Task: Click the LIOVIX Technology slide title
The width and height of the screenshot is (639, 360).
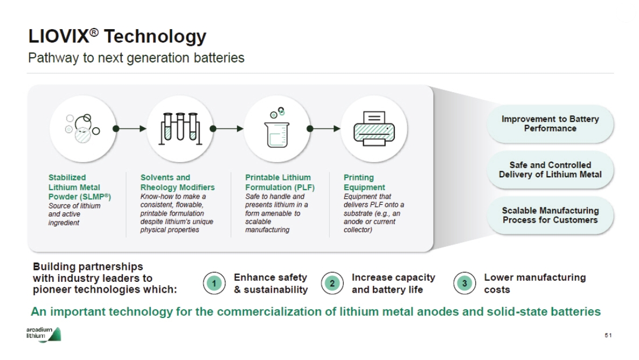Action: point(117,36)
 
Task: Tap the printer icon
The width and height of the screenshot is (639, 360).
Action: point(374,128)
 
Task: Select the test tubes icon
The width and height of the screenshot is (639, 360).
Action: point(180,128)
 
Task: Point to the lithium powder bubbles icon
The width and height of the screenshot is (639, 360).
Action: point(82,128)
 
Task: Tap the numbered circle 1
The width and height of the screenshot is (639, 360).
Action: point(214,283)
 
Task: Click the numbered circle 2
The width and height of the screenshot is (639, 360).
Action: point(332,283)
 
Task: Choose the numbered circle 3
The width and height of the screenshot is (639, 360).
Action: point(464,283)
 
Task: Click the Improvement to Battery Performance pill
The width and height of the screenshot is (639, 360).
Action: point(550,123)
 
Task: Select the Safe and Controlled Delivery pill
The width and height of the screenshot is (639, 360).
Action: point(550,169)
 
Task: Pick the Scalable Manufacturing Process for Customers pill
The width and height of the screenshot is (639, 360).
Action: point(550,215)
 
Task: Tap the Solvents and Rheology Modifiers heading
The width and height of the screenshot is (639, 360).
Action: point(177,182)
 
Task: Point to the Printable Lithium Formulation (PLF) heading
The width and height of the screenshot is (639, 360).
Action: point(280,182)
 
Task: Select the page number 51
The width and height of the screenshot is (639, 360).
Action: point(608,335)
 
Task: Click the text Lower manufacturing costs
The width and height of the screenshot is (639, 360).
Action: point(534,283)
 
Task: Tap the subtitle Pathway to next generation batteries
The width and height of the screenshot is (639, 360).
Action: point(136,58)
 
